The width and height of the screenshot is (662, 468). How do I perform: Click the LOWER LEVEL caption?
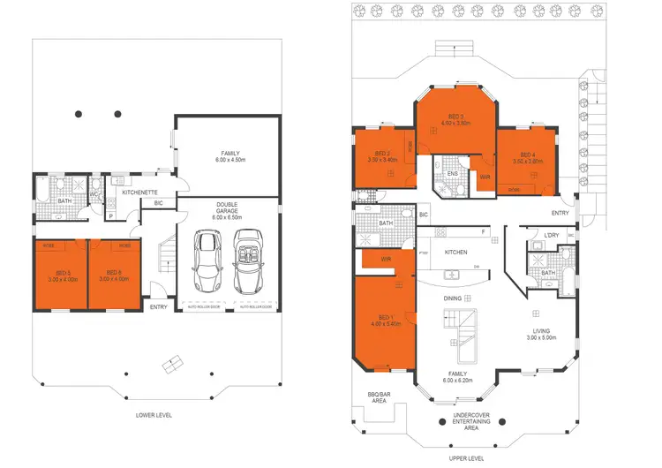point(154,413)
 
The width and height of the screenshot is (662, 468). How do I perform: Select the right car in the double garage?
point(247,262)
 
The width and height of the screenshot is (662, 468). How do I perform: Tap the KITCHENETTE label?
point(139,192)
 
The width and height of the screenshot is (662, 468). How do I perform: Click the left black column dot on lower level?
point(79,114)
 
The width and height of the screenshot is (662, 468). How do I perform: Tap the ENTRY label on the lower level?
point(159,306)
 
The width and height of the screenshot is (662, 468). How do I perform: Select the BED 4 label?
point(526,156)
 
